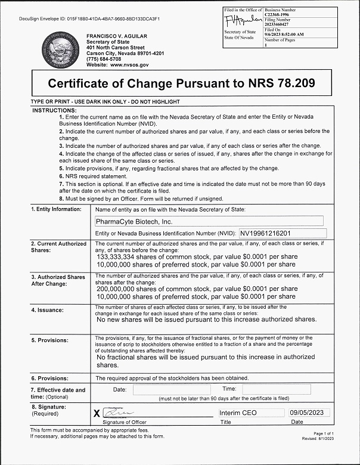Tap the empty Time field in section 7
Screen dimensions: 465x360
click(276, 389)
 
